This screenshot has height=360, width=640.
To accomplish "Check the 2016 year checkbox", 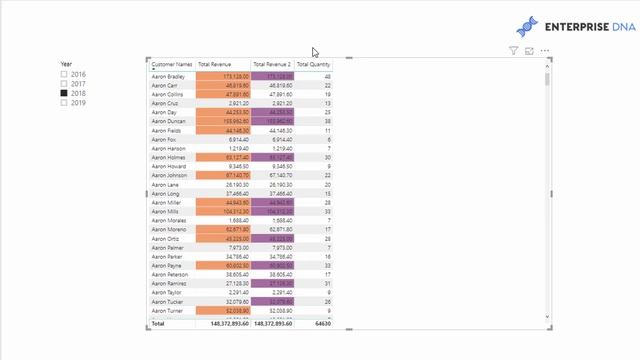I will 65,75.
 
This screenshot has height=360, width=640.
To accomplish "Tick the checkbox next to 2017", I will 65,84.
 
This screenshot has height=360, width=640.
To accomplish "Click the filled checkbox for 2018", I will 65,94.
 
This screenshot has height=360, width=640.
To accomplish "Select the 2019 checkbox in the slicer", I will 65,103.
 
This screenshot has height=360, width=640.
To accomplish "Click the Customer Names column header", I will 171,64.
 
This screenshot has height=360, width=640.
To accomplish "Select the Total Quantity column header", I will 313,64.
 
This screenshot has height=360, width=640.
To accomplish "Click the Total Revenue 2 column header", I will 272,64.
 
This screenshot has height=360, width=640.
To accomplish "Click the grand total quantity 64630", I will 321,324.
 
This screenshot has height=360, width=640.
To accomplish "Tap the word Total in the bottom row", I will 158,324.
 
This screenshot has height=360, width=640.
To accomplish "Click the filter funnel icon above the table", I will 514,50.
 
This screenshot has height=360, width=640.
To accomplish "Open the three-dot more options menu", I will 545,50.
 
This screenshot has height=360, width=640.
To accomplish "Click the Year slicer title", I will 66,64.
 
